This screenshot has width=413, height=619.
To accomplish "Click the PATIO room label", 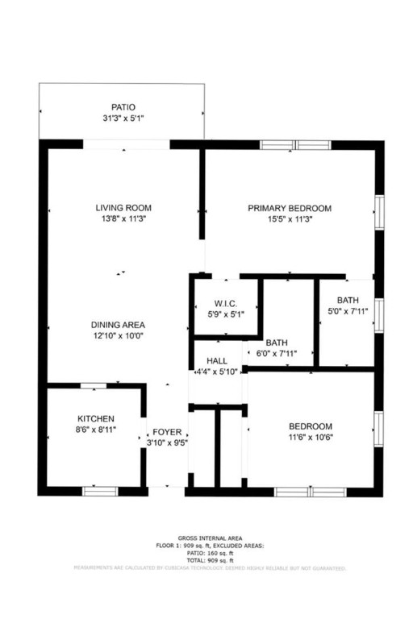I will (123, 106).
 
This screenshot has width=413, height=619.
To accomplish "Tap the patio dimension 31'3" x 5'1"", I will (123, 118).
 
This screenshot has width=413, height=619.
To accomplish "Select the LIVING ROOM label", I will (123, 207).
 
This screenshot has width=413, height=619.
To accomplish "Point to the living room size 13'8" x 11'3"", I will (123, 218).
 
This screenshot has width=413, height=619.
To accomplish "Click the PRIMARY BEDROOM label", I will (290, 207).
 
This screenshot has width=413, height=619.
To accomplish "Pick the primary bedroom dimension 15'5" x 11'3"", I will (290, 218).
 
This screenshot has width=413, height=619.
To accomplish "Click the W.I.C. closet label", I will (225, 304).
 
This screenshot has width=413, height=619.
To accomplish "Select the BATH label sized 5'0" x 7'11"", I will (348, 301).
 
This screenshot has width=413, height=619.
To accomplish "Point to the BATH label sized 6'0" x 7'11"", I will (277, 342).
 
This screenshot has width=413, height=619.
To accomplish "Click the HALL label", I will (217, 360).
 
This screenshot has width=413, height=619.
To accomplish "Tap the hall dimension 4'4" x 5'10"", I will (217, 372).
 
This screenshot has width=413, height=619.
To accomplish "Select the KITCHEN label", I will (95, 418).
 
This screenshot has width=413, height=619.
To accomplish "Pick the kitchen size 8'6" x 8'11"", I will (95, 430).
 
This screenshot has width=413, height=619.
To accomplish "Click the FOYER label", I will (168, 432).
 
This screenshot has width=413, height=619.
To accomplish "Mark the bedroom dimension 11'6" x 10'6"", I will (311, 437).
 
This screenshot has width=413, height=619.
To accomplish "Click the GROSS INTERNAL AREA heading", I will (210, 538).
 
